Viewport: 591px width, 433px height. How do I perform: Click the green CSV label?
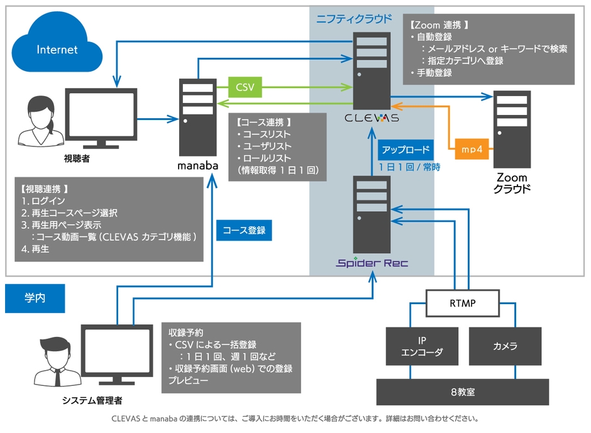click(245, 87)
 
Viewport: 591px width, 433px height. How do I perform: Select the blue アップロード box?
click(406, 150)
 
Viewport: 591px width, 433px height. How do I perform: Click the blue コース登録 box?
click(244, 230)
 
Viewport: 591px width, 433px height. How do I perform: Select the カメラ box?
click(505, 346)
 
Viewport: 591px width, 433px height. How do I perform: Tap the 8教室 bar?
click(462, 392)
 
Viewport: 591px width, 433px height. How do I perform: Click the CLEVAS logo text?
click(372, 118)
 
